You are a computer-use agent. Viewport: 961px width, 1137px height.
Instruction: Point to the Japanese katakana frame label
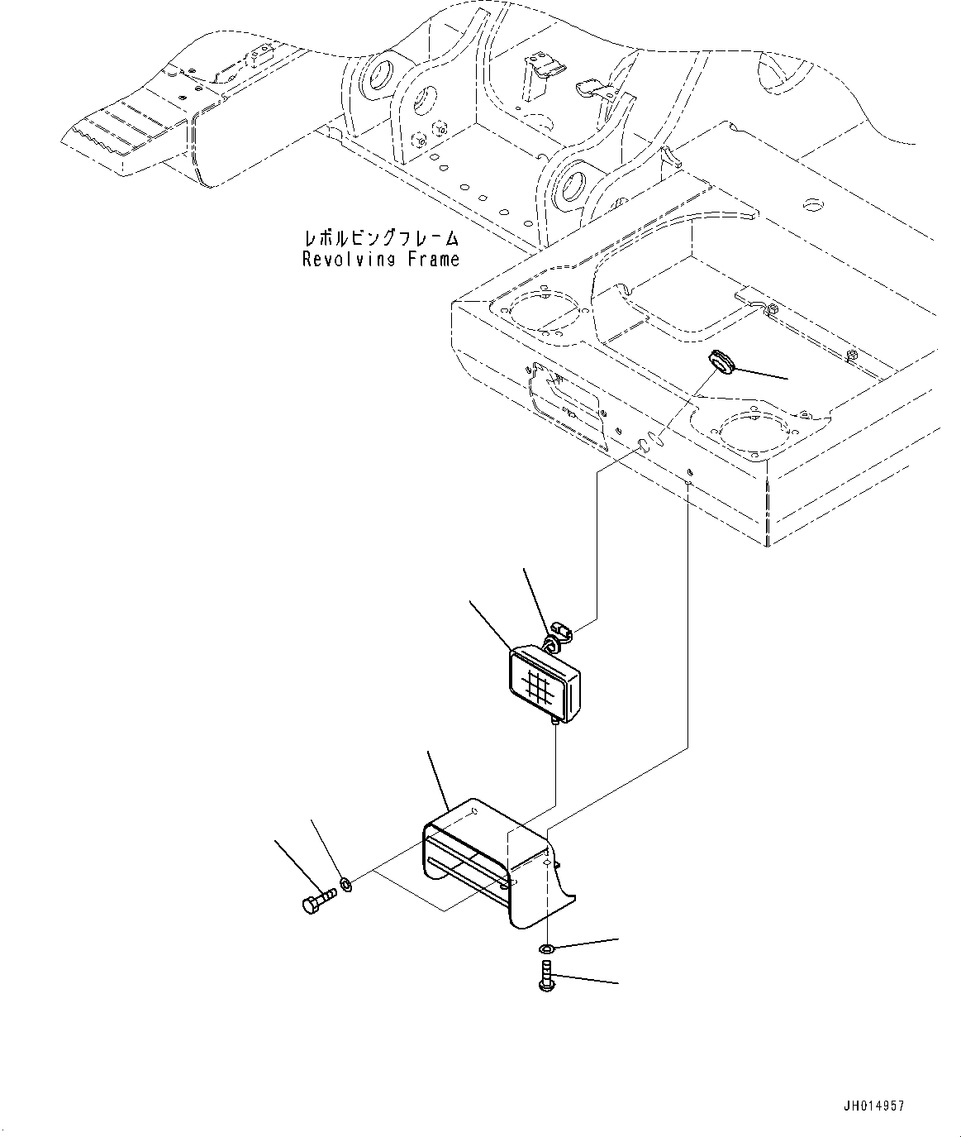pos(381,238)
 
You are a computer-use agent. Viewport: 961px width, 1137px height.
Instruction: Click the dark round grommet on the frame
pos(721,362)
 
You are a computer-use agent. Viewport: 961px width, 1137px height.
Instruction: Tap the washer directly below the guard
pos(547,948)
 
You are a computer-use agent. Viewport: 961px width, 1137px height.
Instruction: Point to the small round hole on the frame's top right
pos(813,205)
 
